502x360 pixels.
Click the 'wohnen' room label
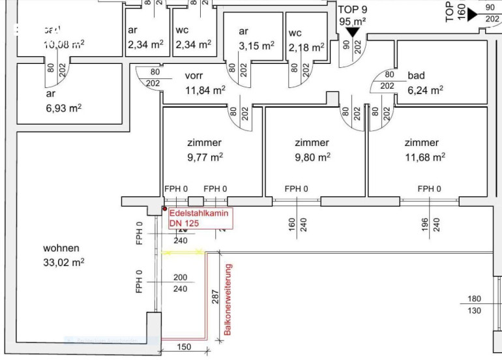coord(61,248)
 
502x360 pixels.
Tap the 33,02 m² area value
coord(64,263)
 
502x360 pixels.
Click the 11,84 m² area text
coord(205,90)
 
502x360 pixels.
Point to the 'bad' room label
coord(416,76)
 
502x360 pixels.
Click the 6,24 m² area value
coord(425,90)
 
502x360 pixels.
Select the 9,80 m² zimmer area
coord(312,157)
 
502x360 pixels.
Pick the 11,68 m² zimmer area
coord(424,157)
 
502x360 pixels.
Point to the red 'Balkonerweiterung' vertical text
coord(228,300)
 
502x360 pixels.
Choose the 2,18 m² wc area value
coord(306,47)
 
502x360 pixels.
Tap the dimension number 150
coord(184,348)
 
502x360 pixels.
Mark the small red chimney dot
coord(164,210)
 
